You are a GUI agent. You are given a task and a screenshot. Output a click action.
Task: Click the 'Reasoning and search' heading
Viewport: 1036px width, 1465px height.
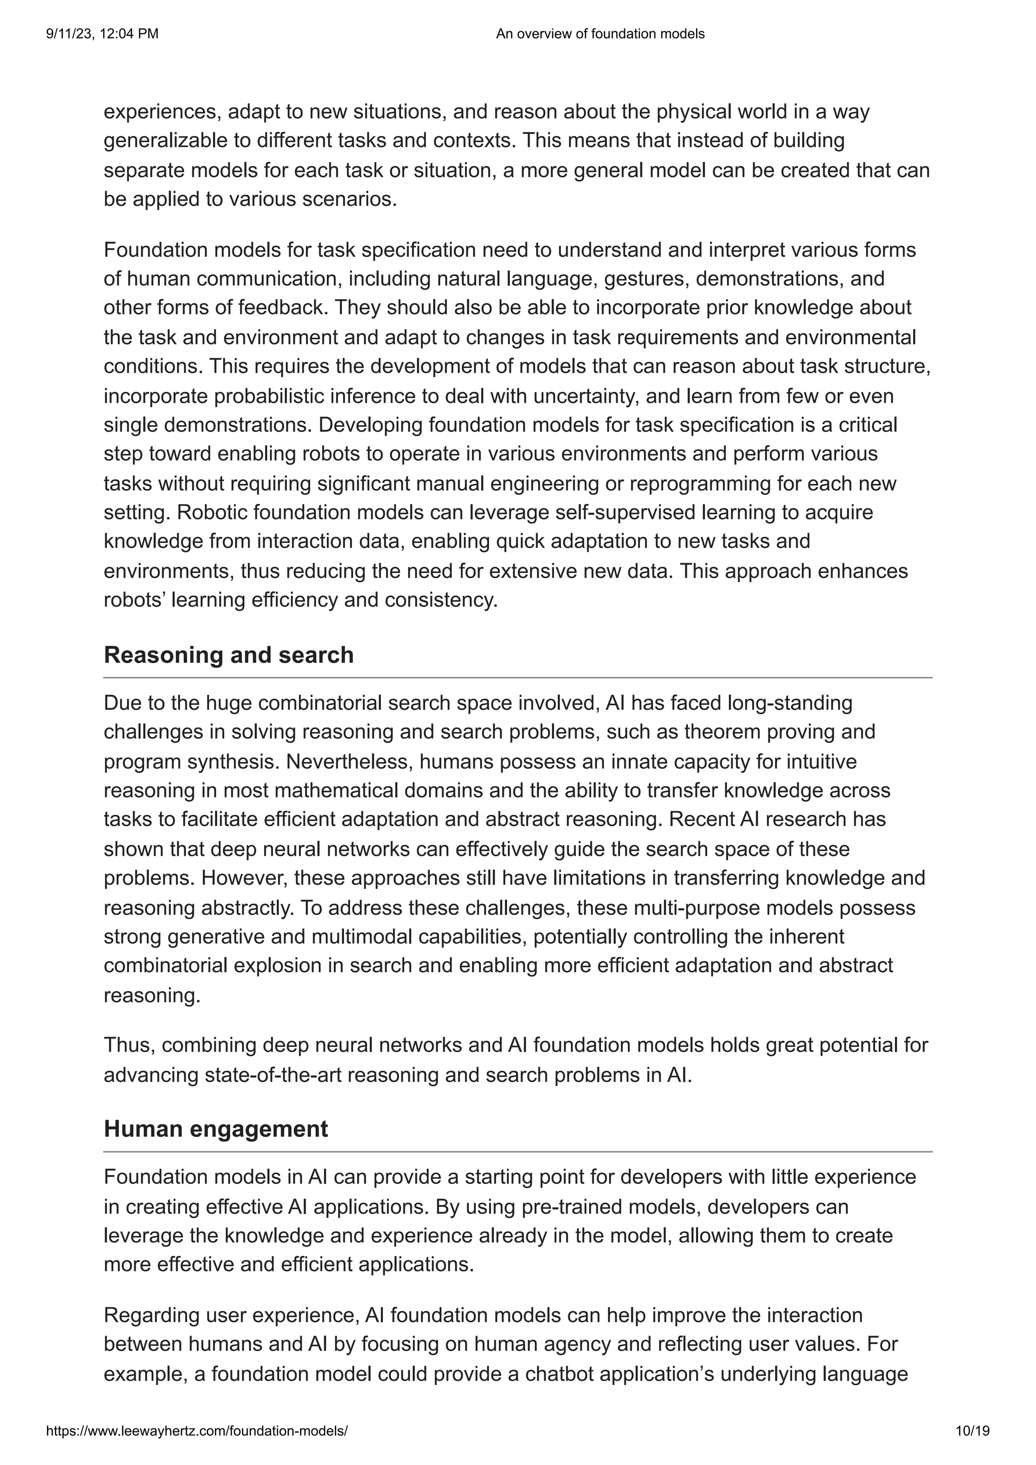(x=229, y=655)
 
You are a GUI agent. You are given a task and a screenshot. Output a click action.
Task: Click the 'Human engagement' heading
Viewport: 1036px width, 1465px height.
(x=216, y=1129)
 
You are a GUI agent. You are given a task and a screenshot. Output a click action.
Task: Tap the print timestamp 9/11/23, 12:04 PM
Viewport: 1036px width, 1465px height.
(x=102, y=34)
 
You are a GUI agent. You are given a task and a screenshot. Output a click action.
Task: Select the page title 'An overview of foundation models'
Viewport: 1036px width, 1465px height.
(x=599, y=34)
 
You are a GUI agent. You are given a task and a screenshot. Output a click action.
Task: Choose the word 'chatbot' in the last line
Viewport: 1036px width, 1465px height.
(x=561, y=1374)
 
